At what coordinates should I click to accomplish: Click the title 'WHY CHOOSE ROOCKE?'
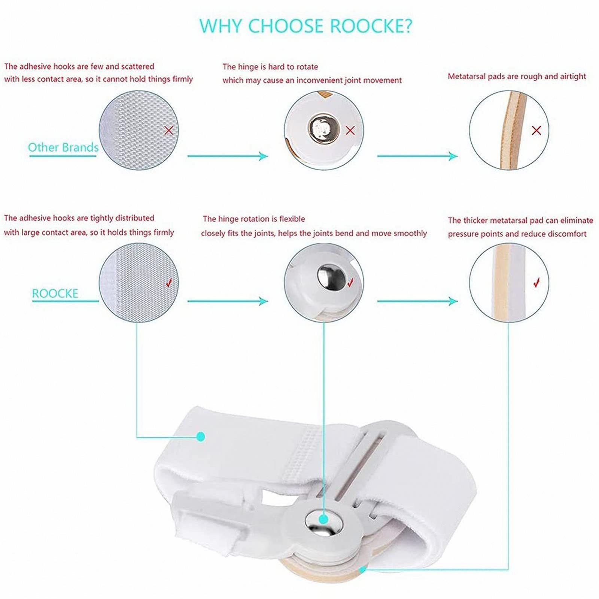pos(305,26)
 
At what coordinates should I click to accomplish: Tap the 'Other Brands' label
pos(63,148)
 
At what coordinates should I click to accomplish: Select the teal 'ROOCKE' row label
pos(55,293)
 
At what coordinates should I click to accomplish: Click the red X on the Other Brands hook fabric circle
pos(169,130)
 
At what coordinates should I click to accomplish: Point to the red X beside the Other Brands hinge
pos(350,130)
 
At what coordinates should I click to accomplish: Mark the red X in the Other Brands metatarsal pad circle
pos(536,130)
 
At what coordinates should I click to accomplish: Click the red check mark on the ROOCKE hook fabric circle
pos(169,283)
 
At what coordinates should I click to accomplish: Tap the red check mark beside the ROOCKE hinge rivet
pos(350,283)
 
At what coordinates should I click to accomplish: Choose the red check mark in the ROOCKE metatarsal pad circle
pos(537,282)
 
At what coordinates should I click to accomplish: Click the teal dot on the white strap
pos(201,436)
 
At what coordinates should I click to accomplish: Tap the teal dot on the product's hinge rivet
pos(324,519)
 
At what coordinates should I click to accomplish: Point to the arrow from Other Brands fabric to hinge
pos(228,156)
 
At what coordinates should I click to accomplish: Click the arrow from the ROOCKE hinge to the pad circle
pos(417,301)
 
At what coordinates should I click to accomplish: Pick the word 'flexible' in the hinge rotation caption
pos(292,219)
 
